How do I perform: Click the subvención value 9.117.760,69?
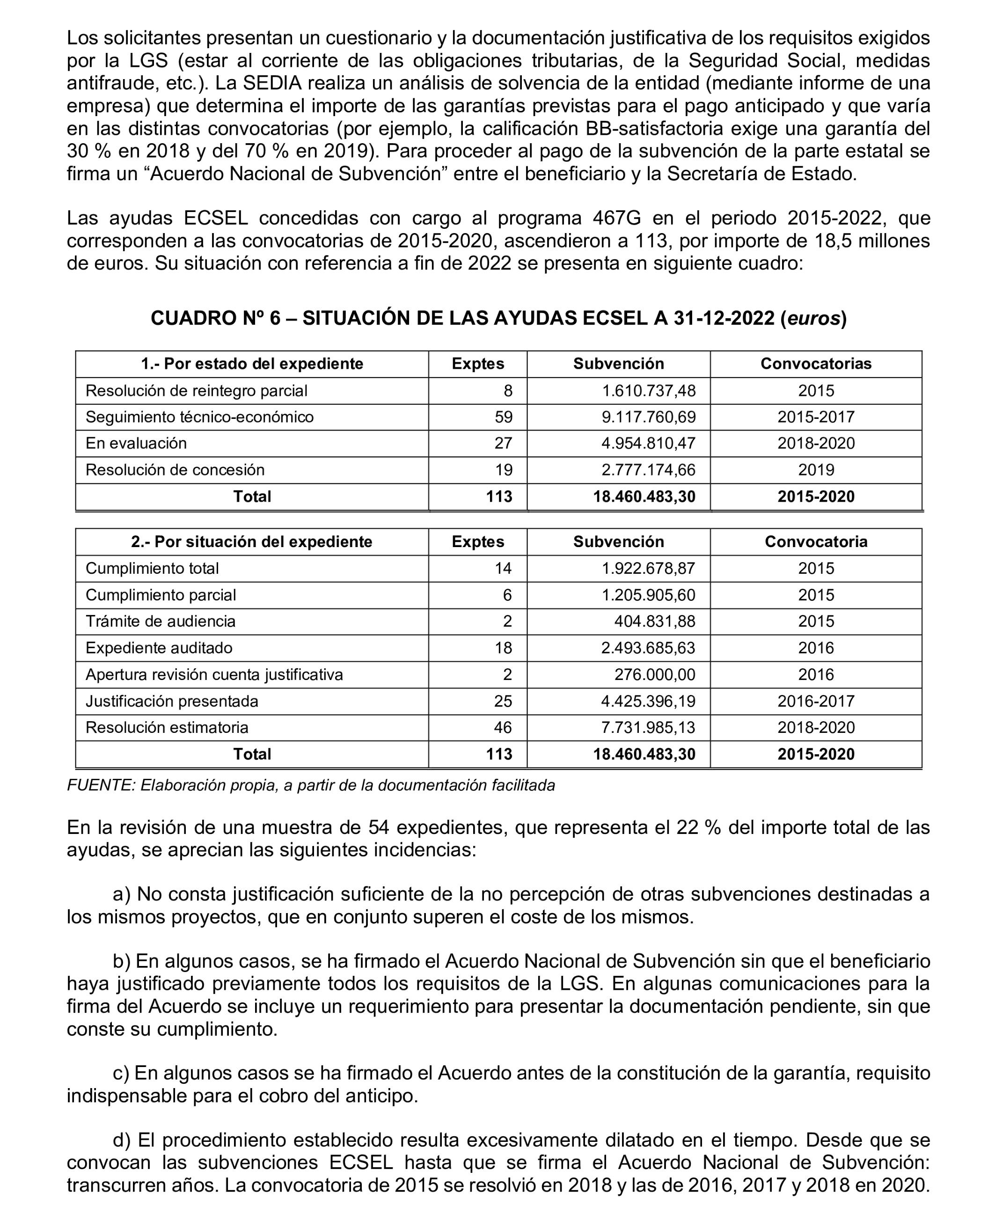coord(648,417)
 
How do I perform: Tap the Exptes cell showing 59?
coord(503,417)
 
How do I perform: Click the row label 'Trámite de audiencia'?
coord(161,621)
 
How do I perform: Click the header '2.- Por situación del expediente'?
coord(252,541)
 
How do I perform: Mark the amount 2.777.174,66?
coord(648,470)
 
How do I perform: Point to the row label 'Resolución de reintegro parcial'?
coord(196,391)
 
